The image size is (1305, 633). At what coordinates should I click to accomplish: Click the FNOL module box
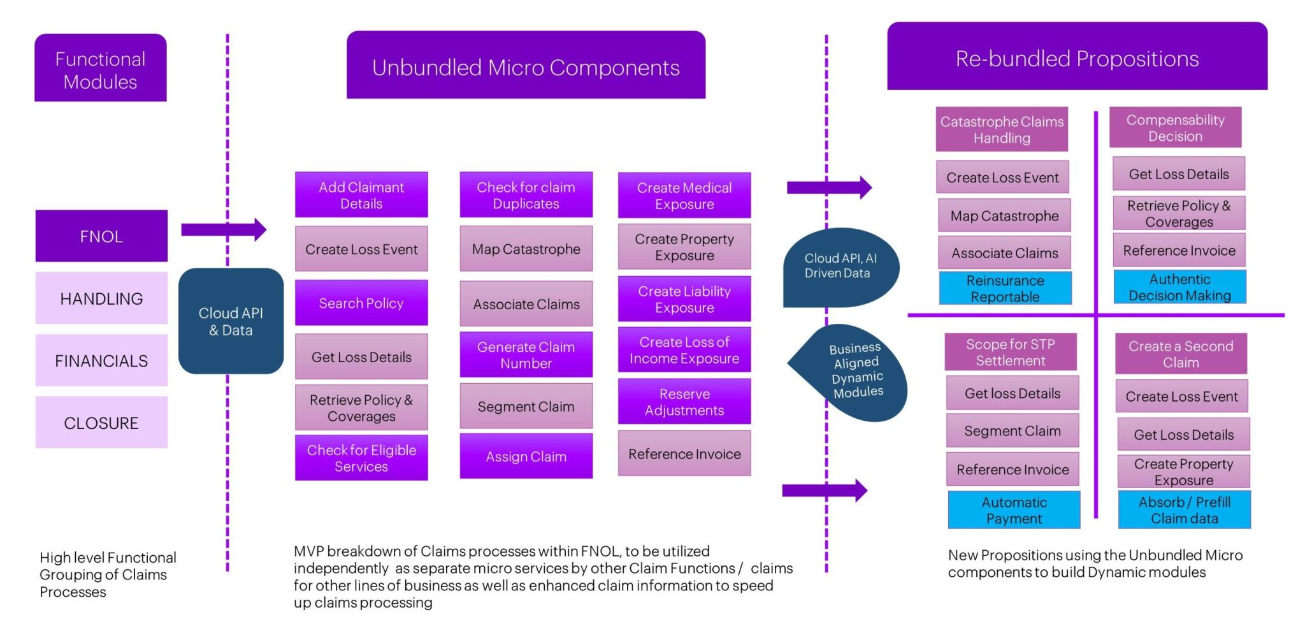tap(101, 236)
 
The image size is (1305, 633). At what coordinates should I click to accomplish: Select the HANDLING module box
tap(101, 298)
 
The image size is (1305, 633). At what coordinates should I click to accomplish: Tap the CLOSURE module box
tap(101, 423)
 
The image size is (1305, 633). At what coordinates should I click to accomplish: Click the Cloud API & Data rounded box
tap(231, 321)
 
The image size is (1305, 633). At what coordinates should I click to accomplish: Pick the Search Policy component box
tap(361, 303)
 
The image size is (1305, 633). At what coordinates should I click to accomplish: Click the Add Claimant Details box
tap(361, 195)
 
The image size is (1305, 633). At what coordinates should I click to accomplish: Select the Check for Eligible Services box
tap(361, 458)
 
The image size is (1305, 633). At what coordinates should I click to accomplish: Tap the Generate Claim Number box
tap(526, 354)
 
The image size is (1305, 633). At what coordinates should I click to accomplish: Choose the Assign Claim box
tap(526, 456)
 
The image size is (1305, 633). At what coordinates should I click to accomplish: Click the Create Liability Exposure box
tap(684, 299)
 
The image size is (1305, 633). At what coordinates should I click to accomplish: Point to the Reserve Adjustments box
tap(684, 402)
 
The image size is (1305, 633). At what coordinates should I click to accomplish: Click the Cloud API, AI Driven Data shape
tap(840, 266)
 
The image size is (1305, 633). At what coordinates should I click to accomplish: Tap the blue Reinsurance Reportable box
tap(1005, 288)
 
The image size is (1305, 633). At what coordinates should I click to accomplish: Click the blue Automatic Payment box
tap(1014, 510)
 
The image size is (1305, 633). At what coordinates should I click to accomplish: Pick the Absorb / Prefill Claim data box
tap(1184, 510)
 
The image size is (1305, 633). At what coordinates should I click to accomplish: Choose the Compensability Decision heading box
tap(1175, 127)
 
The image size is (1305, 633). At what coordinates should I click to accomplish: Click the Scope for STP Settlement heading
tap(1010, 352)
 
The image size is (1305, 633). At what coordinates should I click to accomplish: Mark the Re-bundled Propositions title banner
tap(1077, 57)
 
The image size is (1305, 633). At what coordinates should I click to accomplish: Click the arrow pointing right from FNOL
tap(223, 229)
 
